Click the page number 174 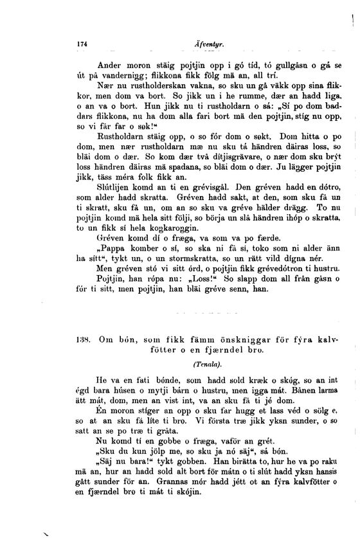click(x=82, y=44)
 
